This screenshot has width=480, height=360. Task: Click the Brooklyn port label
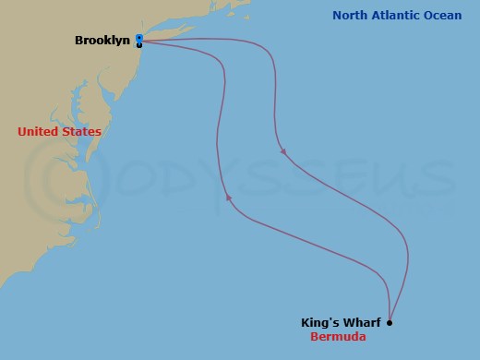(102, 41)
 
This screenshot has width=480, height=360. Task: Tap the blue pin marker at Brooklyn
(138, 39)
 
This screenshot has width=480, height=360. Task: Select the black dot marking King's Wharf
(390, 323)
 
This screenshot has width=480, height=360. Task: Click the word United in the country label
(37, 132)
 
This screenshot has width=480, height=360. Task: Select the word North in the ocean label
(351, 16)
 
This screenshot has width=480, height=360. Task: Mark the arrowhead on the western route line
(228, 198)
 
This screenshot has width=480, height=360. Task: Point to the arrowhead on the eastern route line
(282, 151)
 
